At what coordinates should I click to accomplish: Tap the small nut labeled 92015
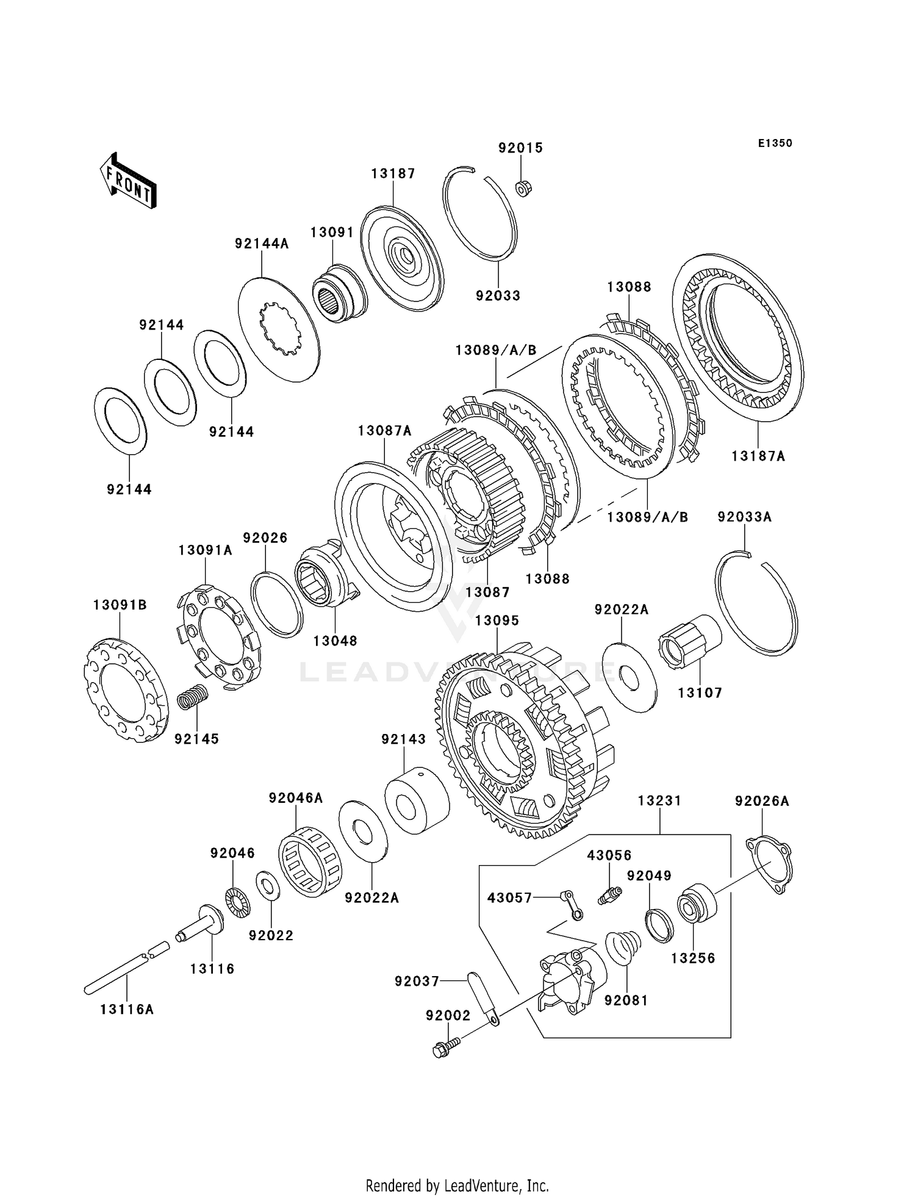pyautogui.click(x=522, y=189)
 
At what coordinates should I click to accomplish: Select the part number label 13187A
pyautogui.click(x=758, y=456)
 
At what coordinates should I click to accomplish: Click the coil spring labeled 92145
pyautogui.click(x=193, y=696)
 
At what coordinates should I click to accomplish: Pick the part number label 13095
pyautogui.click(x=497, y=620)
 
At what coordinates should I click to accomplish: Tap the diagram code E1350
pyautogui.click(x=775, y=143)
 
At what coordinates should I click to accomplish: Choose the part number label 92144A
pyautogui.click(x=262, y=244)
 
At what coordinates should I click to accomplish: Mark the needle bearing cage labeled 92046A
pyautogui.click(x=310, y=861)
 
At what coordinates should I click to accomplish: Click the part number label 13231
pyautogui.click(x=659, y=800)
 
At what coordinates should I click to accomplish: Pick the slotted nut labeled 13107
pyautogui.click(x=690, y=642)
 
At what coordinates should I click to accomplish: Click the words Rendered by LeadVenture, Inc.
pyautogui.click(x=457, y=1186)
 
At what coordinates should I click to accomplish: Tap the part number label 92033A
pyautogui.click(x=745, y=517)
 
